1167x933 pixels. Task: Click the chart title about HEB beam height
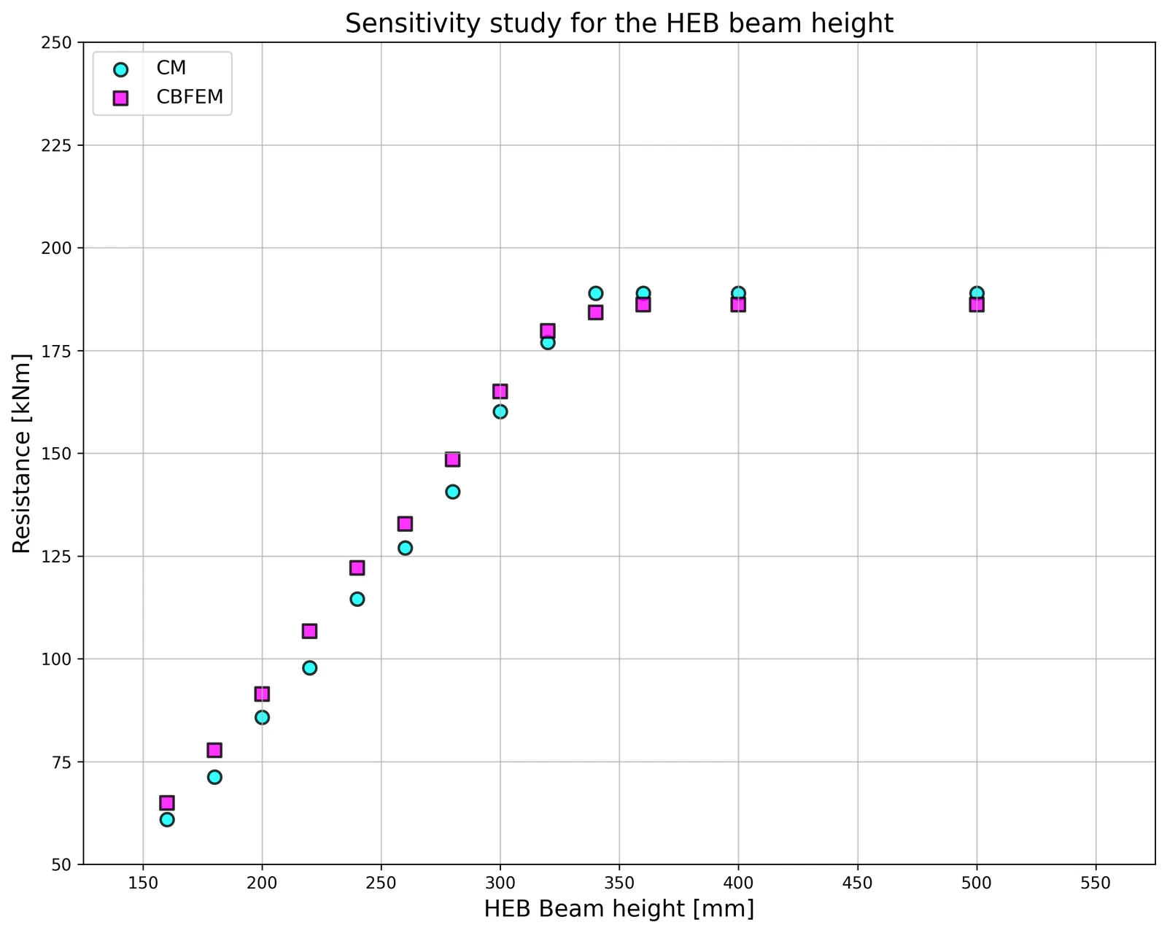619,24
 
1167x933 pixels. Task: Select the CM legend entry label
171,68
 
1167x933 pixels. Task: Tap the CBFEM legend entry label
190,96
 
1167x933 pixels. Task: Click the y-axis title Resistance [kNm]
22,454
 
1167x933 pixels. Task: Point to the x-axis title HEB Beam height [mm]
619,909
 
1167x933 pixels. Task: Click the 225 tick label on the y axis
56,145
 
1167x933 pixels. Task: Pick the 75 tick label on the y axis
61,762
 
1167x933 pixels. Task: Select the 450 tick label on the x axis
857,883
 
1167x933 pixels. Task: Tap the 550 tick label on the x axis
1096,883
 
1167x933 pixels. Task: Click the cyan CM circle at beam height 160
167,820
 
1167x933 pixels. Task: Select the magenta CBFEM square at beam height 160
167,803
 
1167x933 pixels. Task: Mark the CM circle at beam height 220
310,667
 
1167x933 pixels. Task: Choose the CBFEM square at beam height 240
357,568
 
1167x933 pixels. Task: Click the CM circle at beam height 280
453,492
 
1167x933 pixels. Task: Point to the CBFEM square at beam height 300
500,392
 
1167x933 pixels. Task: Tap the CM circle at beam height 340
595,293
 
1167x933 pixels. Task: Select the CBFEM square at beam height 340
595,312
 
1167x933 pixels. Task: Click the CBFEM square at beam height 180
214,750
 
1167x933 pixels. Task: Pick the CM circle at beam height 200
262,718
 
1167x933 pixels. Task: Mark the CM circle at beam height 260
405,548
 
